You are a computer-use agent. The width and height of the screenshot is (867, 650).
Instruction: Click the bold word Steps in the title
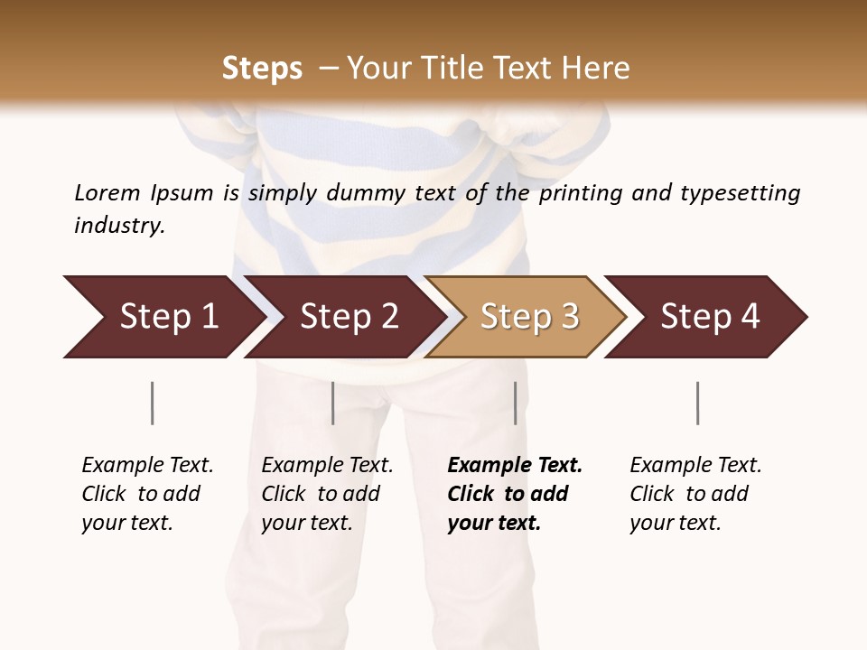coord(262,69)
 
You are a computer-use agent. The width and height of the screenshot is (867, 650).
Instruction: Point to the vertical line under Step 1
coord(152,403)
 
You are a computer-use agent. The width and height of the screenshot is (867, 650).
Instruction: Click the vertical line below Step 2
coord(332,403)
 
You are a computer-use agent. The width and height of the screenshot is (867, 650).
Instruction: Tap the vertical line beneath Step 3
coord(515,403)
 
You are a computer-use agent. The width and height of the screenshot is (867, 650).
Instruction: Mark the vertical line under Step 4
coord(697,403)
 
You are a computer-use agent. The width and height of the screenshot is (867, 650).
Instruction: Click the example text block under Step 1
coord(146,494)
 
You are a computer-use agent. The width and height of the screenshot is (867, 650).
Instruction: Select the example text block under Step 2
coord(326,494)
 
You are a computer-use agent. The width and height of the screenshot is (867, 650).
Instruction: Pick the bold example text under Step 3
coord(514,494)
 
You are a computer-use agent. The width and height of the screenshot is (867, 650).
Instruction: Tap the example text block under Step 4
coord(695,494)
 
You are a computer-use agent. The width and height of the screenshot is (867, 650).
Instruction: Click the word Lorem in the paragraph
coord(107,193)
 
